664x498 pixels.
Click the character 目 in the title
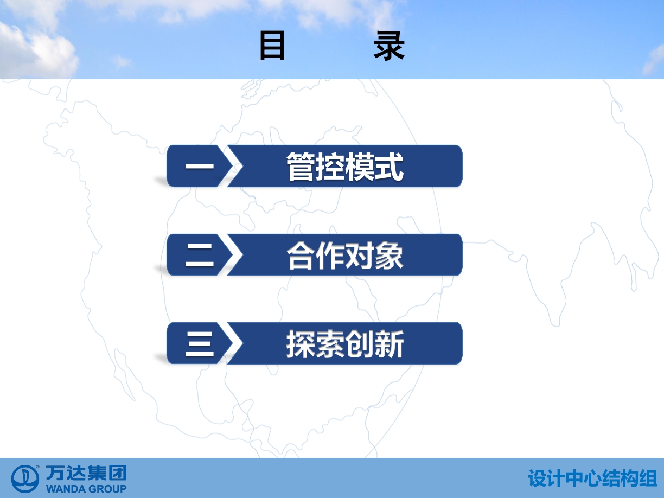[272, 46]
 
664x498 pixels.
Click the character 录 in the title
[389, 46]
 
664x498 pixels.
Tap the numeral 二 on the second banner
[200, 255]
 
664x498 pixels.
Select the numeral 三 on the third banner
[200, 344]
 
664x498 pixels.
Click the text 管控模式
[345, 167]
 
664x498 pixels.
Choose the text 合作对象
[345, 256]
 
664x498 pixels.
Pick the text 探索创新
[345, 344]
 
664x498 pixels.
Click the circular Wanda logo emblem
[25, 479]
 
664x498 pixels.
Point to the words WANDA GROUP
[86, 489]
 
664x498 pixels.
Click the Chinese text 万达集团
[86, 473]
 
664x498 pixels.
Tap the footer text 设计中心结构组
[592, 478]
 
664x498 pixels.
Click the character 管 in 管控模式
[301, 167]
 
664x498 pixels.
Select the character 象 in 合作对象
[390, 256]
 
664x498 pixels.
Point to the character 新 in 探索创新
[390, 344]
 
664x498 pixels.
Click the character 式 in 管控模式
[390, 167]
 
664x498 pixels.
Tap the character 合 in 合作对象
[301, 256]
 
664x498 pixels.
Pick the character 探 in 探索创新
[301, 344]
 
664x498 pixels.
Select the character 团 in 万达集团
[118, 473]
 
